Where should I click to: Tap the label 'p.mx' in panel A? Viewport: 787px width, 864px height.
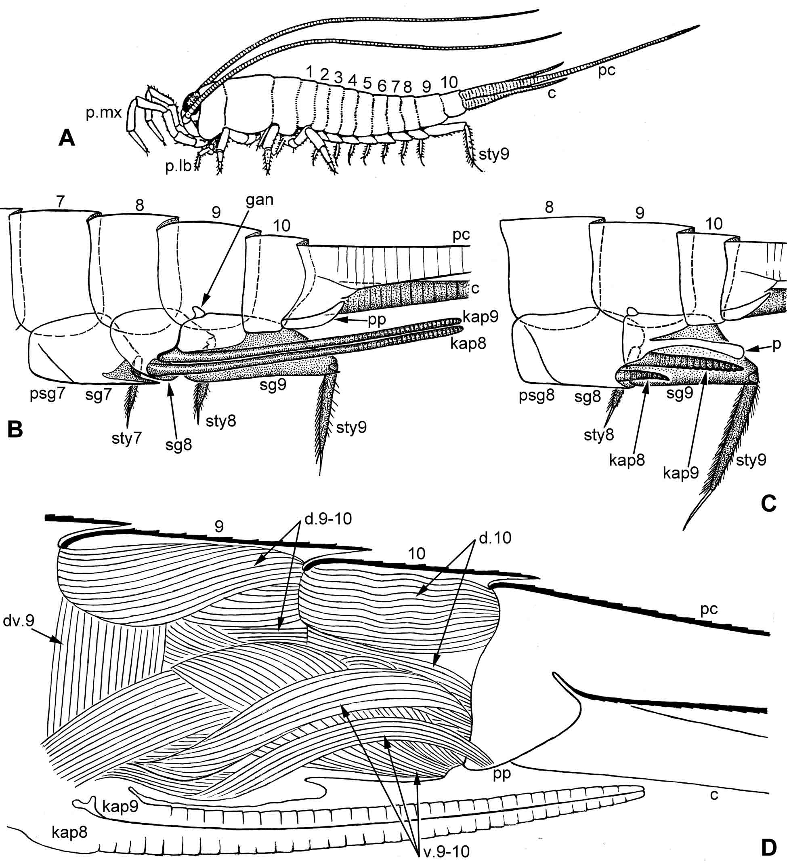tap(104, 113)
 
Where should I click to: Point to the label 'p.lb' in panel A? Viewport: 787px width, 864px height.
tap(178, 166)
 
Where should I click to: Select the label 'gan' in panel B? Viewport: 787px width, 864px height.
tap(260, 200)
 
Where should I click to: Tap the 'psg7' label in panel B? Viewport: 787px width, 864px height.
tap(47, 394)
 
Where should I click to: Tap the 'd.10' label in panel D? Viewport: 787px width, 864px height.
tap(495, 537)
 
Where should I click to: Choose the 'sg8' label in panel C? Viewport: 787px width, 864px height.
tap(588, 397)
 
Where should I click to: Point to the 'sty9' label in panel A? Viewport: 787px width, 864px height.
tap(494, 153)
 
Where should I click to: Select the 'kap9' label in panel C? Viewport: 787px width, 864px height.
tap(681, 473)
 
